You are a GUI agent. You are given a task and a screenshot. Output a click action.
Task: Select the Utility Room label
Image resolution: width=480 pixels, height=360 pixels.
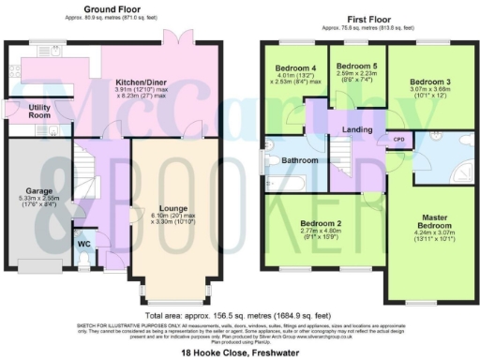click(x=38, y=112)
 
